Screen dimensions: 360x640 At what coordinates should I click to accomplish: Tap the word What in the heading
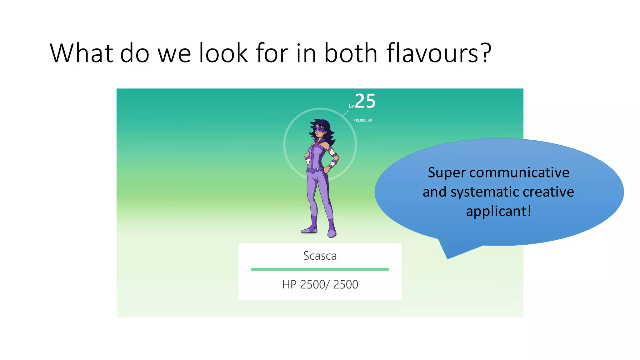81,53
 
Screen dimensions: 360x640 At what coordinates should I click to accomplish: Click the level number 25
365,101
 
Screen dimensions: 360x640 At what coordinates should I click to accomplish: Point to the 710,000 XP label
362,120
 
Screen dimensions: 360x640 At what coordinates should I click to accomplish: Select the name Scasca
320,256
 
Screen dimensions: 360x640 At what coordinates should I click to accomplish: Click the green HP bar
320,269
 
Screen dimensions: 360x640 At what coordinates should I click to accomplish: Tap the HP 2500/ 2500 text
320,285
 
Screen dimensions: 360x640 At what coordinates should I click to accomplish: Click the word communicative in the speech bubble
519,172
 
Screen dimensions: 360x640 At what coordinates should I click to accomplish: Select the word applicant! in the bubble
498,211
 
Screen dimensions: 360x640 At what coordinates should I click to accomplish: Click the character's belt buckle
312,171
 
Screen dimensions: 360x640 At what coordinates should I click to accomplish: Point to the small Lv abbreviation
352,106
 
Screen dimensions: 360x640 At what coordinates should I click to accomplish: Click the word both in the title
351,53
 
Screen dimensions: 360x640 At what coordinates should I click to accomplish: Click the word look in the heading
223,53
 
